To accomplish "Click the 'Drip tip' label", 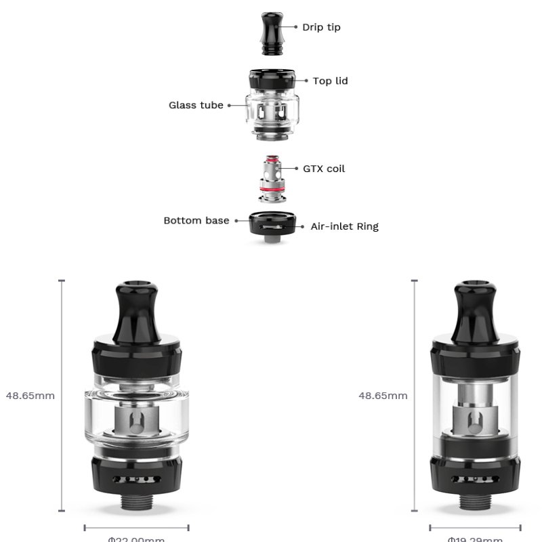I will (321, 27).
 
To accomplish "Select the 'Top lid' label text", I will (330, 81).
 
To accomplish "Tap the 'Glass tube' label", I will (196, 105).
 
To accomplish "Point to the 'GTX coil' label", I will (324, 168).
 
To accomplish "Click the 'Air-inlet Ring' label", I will (344, 226).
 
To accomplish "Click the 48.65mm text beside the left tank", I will (30, 396).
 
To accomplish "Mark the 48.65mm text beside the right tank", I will (383, 396).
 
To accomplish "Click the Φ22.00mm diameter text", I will (136, 539).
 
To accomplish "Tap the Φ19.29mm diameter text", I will (475, 539).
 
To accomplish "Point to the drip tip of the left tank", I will (136, 308).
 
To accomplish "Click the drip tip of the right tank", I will (475, 308).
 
